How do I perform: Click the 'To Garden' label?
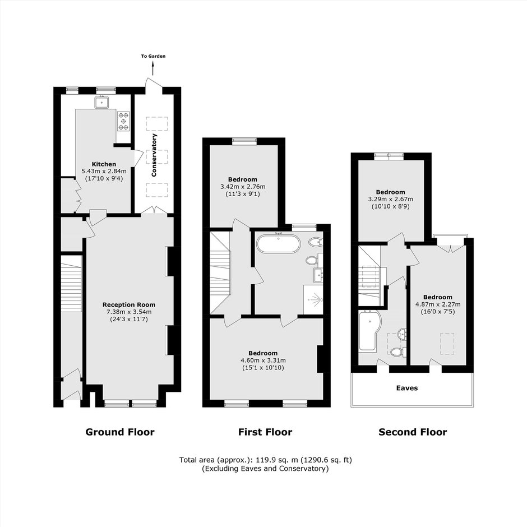(x=153, y=56)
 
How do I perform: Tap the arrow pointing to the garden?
(x=153, y=68)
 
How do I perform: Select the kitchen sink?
(x=101, y=102)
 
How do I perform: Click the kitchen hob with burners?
(x=123, y=121)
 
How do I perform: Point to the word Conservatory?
(x=154, y=155)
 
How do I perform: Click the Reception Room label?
(x=129, y=305)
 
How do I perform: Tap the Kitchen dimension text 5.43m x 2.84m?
(x=104, y=171)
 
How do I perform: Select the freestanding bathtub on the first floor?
(x=278, y=244)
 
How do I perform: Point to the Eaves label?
(x=407, y=388)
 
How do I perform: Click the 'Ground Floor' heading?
(x=120, y=432)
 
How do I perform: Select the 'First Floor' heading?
(x=265, y=432)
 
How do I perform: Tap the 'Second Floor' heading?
(x=413, y=432)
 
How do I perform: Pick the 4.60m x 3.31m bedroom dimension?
(x=263, y=360)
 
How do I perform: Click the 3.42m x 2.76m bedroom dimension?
(x=243, y=187)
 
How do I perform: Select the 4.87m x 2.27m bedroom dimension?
(x=438, y=304)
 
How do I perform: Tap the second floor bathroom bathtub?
(x=369, y=331)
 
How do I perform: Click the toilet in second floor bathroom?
(x=398, y=352)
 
